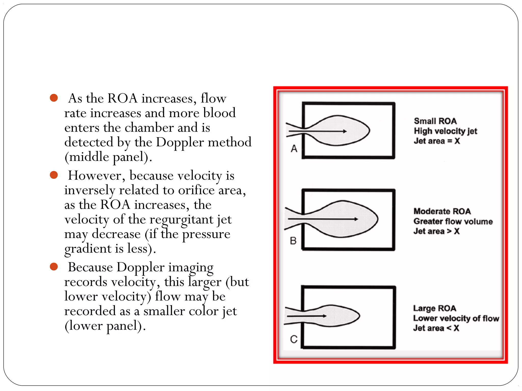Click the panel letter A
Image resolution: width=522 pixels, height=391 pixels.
click(294, 148)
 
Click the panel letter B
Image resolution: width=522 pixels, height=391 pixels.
click(293, 241)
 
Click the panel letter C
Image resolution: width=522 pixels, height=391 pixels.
click(294, 339)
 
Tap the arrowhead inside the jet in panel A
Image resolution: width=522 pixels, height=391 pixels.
click(345, 131)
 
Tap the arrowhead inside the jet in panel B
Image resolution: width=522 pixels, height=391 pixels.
click(356, 219)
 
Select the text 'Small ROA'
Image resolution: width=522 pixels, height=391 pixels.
click(435, 121)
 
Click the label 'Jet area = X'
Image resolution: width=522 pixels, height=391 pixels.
click(437, 141)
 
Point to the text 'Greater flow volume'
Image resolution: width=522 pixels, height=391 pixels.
click(453, 221)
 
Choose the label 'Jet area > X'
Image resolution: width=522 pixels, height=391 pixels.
click(436, 231)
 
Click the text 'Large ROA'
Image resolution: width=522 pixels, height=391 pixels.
click(435, 308)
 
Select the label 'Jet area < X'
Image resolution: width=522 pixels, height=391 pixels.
click(436, 328)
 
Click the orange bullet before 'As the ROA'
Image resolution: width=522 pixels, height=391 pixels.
click(54, 98)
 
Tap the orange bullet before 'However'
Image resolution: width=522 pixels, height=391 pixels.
click(54, 175)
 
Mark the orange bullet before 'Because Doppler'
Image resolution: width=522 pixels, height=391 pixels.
click(54, 267)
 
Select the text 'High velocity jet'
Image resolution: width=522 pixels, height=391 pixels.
click(445, 131)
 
